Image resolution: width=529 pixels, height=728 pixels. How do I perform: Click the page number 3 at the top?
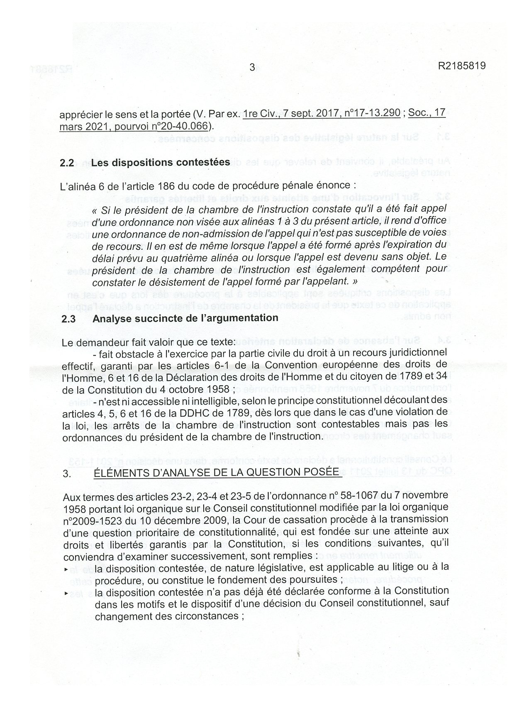coord(252,67)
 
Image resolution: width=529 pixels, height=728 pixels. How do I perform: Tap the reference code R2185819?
coord(461,66)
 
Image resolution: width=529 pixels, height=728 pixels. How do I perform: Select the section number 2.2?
coord(67,163)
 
